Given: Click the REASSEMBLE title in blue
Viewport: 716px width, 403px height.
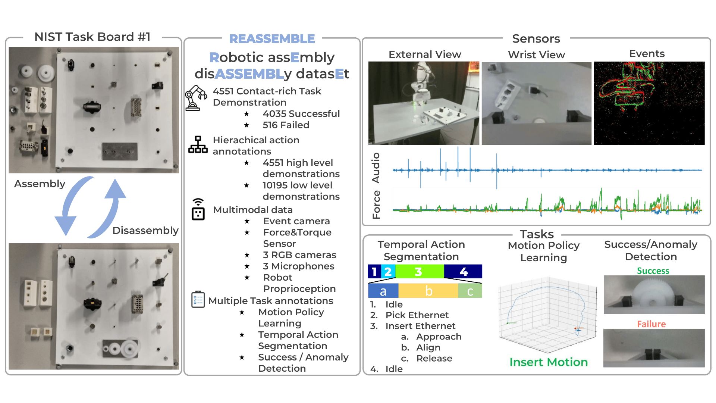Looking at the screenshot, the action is (272, 38).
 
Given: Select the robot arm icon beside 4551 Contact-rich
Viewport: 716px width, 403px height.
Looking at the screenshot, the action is (196, 98).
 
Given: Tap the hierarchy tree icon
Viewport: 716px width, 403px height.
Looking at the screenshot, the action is (198, 144).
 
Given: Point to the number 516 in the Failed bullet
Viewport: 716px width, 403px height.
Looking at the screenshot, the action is (270, 125).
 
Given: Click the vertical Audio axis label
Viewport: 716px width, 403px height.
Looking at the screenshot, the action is (376, 168).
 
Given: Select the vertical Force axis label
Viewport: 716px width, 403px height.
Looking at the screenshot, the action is (376, 204).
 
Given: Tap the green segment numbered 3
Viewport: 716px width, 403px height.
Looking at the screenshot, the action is (420, 271).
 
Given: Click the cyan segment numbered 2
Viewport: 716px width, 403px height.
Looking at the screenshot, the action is (388, 271).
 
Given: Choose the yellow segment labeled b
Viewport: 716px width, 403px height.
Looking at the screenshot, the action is (428, 291).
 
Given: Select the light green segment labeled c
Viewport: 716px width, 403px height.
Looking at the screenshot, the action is (470, 291).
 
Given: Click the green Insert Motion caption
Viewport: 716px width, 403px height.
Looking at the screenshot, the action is (549, 362).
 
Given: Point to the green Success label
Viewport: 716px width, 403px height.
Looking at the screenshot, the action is (653, 271).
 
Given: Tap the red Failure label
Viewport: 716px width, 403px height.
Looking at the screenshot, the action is (651, 324).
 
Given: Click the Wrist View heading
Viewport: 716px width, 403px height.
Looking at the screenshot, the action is (536, 55).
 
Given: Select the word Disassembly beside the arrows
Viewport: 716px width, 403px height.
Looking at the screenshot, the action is (145, 231).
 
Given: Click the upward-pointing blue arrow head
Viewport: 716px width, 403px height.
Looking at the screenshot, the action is (115, 188).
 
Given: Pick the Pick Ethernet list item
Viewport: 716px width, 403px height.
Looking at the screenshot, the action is (417, 315).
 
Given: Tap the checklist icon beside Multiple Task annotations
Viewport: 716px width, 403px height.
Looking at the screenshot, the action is (198, 299).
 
